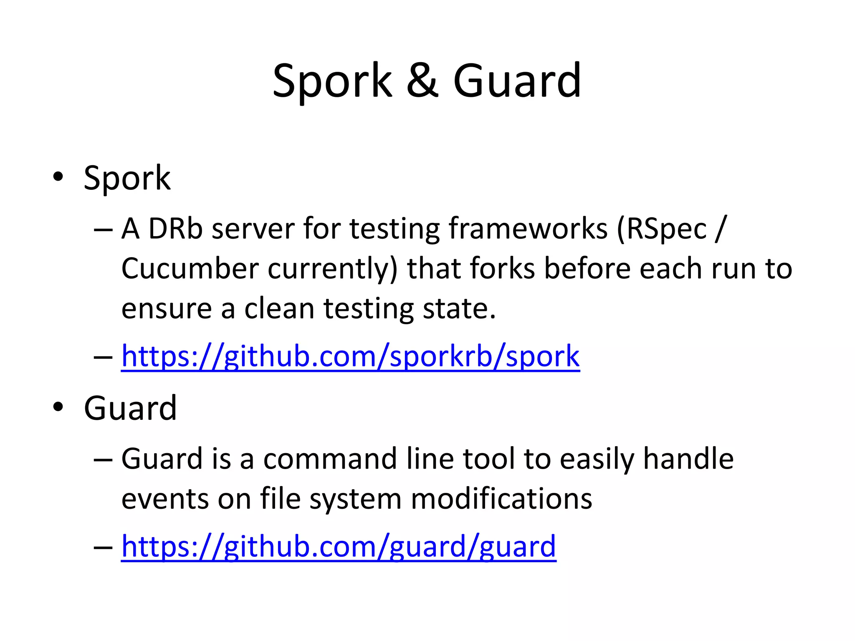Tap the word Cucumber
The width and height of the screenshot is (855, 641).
coord(190,268)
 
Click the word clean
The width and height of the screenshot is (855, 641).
coord(279,308)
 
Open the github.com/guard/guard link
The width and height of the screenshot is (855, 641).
coord(339,546)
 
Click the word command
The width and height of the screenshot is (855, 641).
coord(330,459)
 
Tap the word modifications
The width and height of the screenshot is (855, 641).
coord(501,499)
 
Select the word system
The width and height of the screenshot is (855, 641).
coord(355,499)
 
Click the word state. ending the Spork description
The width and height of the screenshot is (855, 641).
coord(459,308)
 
